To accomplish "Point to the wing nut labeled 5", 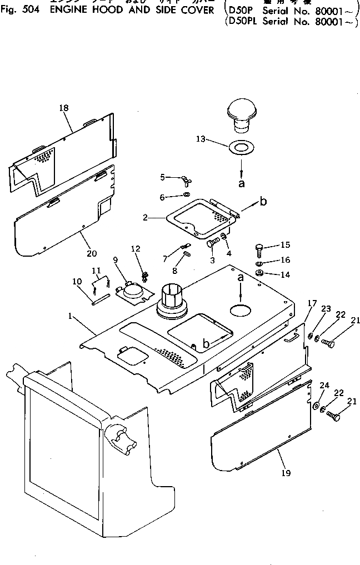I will pos(184,180).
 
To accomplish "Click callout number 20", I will pos(92,253).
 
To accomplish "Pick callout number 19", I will pos(286,473).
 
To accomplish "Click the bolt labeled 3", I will pos(213,243).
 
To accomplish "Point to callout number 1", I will pos(71,316).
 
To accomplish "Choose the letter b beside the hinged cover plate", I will pos(263,201).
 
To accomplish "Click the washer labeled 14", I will pos(261,273).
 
